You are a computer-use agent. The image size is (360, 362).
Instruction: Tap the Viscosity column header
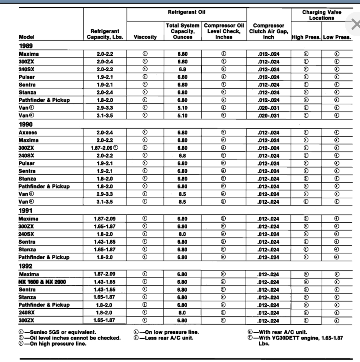145,37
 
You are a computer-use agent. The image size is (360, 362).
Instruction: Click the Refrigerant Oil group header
186,13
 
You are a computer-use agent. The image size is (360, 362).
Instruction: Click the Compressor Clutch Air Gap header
268,31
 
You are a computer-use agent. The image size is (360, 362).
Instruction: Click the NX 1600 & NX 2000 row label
42,282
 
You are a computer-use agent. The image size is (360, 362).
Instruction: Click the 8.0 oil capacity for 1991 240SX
182,234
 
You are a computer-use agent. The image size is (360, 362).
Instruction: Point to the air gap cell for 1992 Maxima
268,274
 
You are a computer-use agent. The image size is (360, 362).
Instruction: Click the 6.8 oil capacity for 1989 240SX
182,69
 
